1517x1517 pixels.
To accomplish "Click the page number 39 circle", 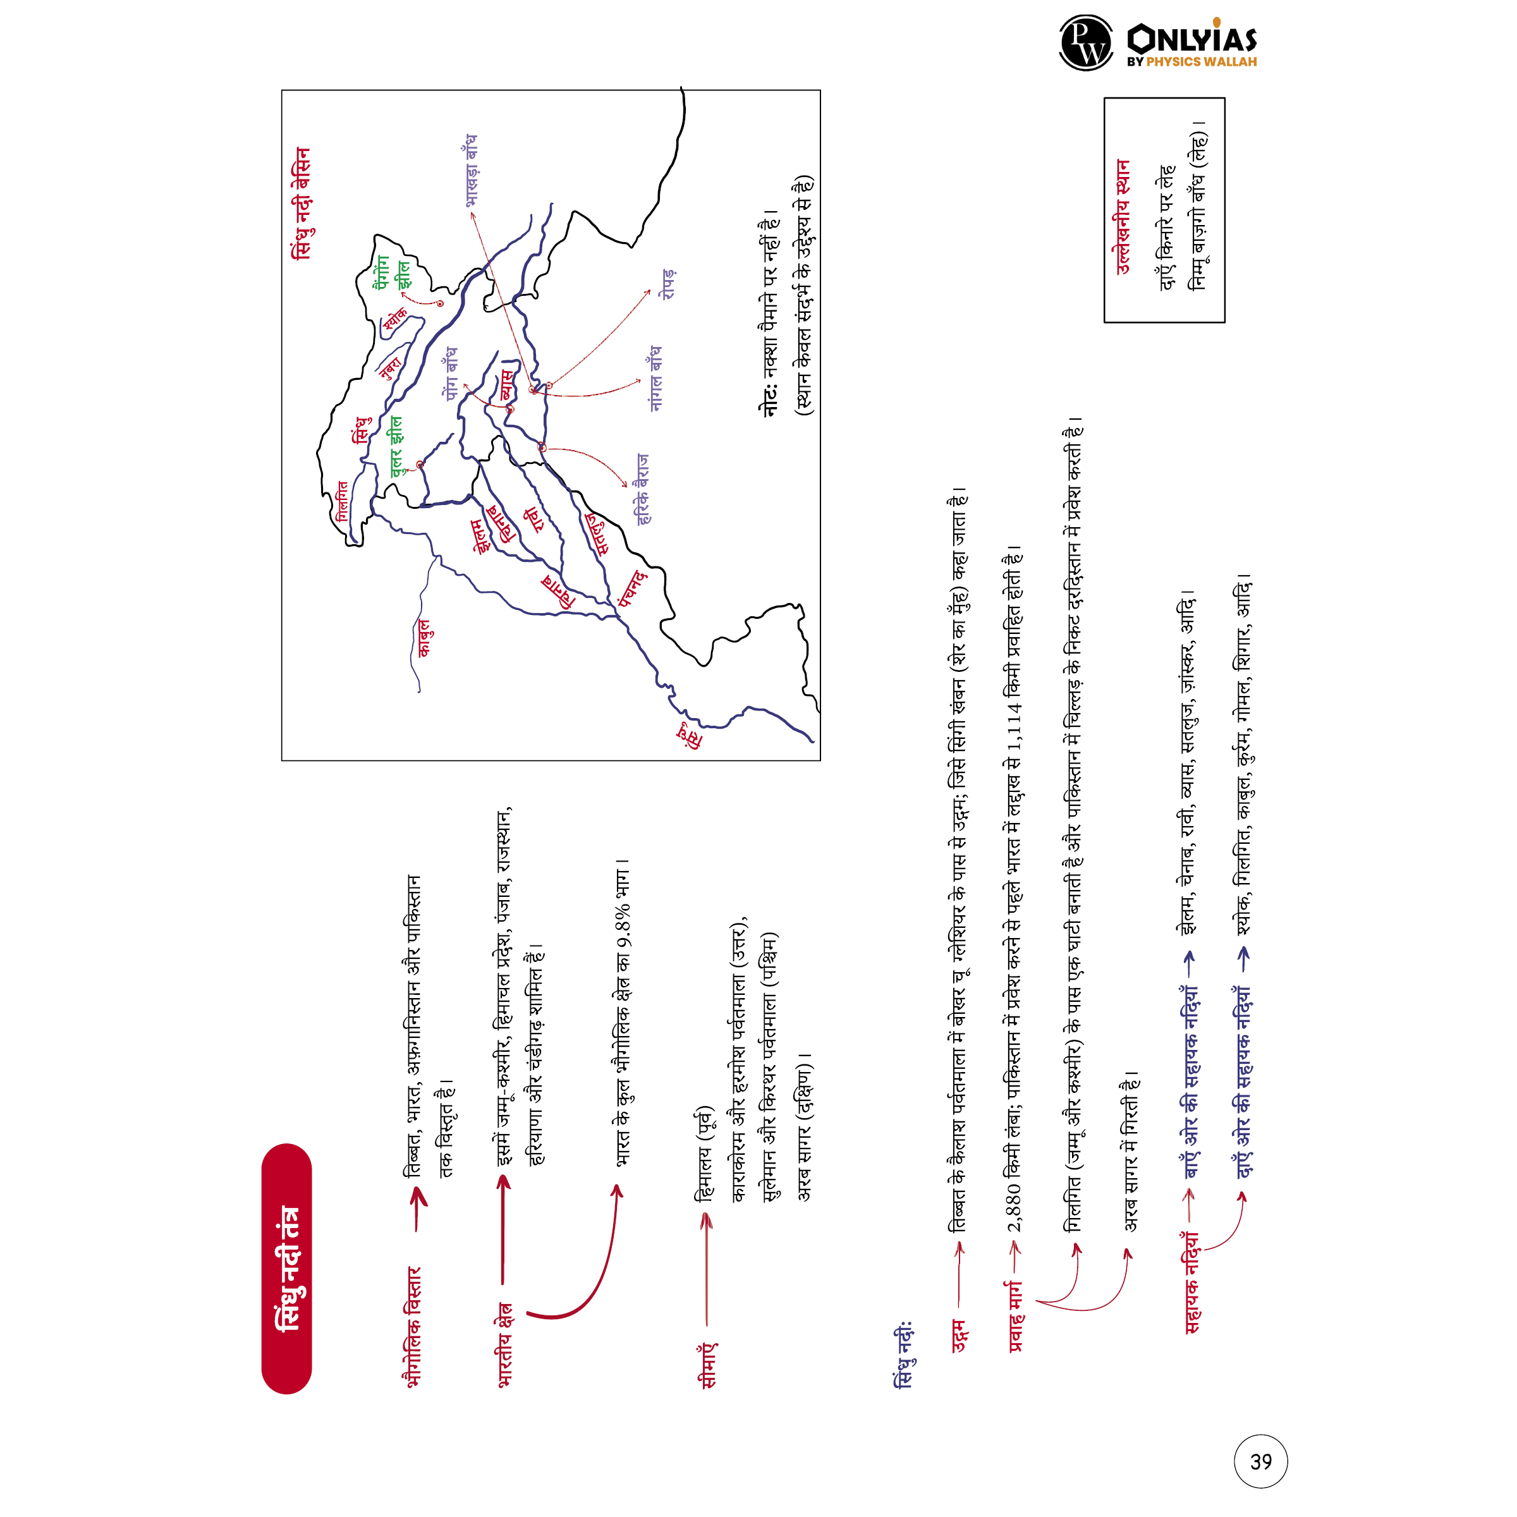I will [x=1260, y=1461].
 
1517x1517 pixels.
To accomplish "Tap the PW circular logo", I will [x=1086, y=43].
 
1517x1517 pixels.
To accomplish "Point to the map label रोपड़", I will [x=668, y=284].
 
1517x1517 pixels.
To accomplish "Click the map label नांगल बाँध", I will [x=655, y=378].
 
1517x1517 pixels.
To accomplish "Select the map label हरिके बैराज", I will [x=642, y=489].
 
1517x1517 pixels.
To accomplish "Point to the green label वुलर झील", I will [x=396, y=447].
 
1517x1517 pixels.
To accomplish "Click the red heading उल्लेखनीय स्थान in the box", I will [x=1123, y=217].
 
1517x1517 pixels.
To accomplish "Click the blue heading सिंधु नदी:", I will [x=904, y=1355].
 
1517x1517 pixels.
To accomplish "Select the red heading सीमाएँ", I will [x=708, y=1365].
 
